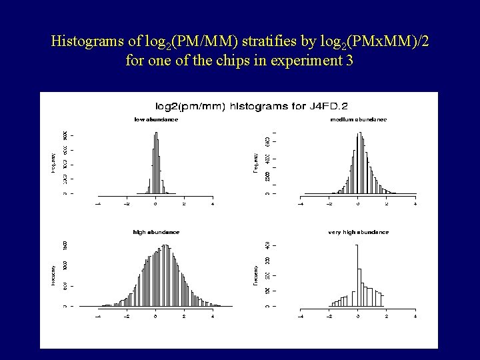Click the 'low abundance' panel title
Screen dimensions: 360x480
(x=156, y=119)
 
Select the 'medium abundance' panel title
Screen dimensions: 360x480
(x=358, y=119)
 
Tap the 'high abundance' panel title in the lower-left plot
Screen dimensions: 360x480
(x=156, y=232)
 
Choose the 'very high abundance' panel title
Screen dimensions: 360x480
(x=358, y=232)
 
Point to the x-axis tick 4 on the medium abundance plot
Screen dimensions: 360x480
(x=415, y=203)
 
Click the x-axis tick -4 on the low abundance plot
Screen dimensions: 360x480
(x=98, y=203)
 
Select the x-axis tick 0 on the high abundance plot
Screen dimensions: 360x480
(x=155, y=316)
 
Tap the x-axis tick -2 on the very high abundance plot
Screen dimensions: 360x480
(x=329, y=316)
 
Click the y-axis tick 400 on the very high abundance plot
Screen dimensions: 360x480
(x=267, y=246)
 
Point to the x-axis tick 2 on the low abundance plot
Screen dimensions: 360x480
(x=184, y=203)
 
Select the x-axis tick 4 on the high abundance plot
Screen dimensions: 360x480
(x=213, y=316)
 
